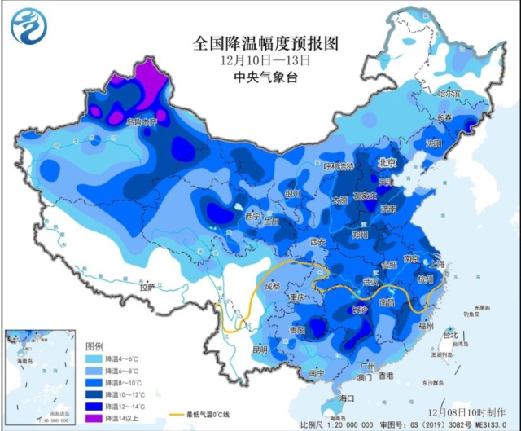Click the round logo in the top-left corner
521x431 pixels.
[28, 25]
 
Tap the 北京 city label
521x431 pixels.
[387, 163]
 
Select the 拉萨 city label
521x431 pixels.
[147, 288]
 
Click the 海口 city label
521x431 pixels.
[348, 398]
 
